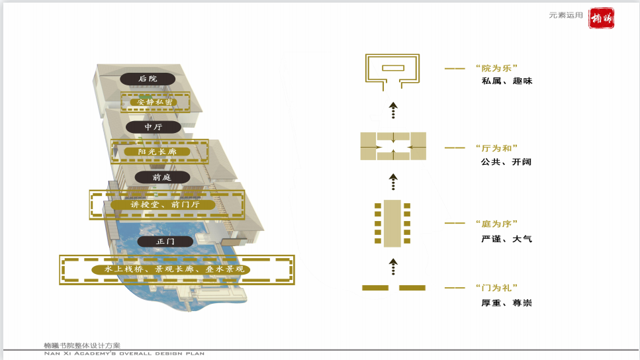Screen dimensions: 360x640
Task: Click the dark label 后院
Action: [x=148, y=79]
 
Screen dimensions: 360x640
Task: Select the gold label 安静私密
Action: [x=156, y=102]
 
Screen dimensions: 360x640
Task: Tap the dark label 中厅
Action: [x=153, y=126]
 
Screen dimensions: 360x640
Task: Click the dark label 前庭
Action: [x=162, y=177]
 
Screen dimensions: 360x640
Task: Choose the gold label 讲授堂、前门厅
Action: [x=167, y=204]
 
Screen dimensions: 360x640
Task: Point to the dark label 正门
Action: [x=165, y=242]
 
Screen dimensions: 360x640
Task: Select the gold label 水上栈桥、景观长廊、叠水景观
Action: [x=175, y=269]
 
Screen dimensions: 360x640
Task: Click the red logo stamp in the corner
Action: [x=601, y=18]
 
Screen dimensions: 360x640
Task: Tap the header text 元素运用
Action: [x=566, y=15]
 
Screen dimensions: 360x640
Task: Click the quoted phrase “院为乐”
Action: [x=496, y=68]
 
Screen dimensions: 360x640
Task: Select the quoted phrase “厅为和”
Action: [x=496, y=148]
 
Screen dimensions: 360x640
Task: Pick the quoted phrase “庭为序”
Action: [x=496, y=224]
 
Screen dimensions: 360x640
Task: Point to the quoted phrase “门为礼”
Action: [x=496, y=288]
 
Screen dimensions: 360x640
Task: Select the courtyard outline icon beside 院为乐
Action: [x=393, y=69]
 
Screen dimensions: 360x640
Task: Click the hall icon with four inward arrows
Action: [x=393, y=146]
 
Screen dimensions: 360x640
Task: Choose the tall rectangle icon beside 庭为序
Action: [x=393, y=222]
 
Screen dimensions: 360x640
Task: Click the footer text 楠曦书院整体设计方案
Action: [x=82, y=345]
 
